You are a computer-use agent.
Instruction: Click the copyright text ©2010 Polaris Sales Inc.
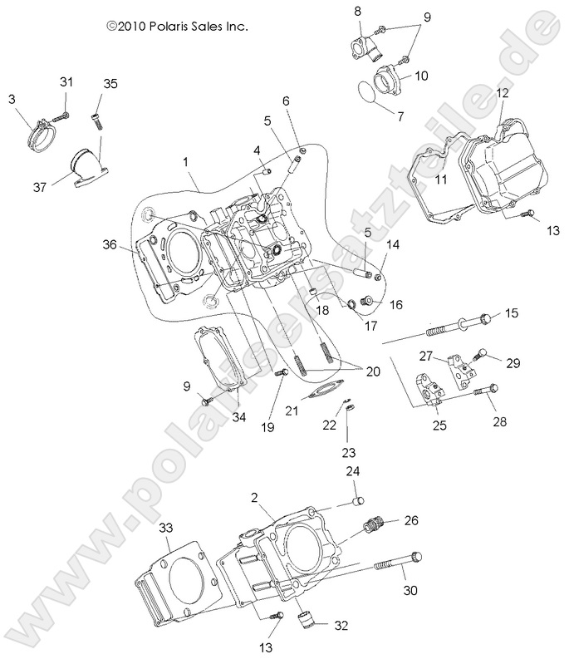click(177, 26)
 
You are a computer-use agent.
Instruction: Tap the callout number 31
click(66, 81)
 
